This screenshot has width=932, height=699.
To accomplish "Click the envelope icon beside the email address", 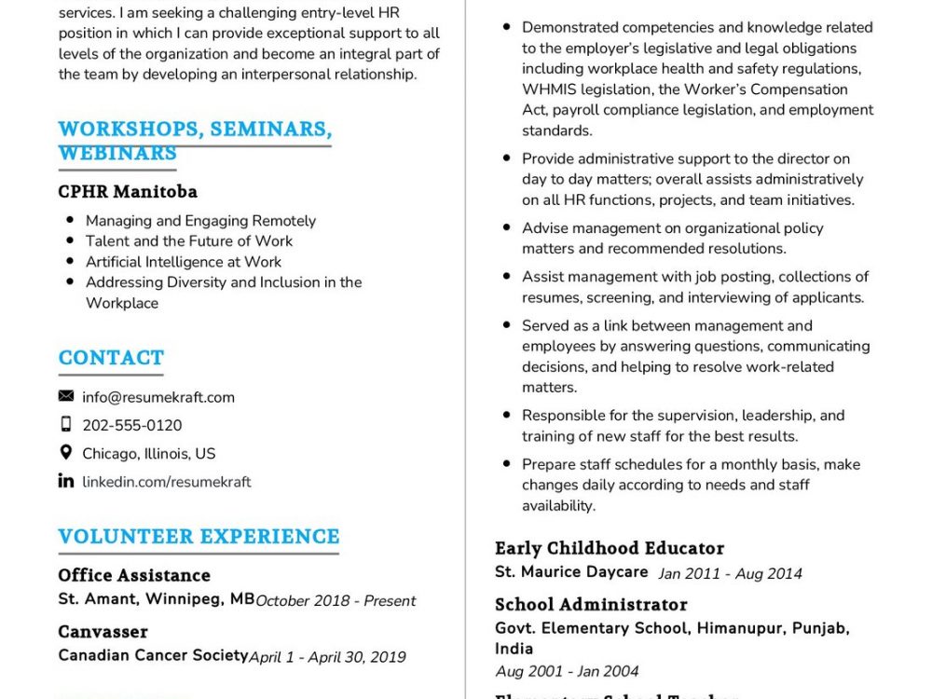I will [x=66, y=396].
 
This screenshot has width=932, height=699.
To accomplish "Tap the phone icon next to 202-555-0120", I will [x=66, y=424].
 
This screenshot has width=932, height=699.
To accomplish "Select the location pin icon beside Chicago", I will [x=66, y=452].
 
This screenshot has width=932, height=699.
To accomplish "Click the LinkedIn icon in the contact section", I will [x=66, y=481].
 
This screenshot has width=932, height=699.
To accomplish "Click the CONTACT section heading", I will [x=111, y=358].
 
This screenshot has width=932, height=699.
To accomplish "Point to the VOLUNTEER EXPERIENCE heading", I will [x=199, y=537].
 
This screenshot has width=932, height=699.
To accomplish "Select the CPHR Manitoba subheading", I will [x=128, y=192].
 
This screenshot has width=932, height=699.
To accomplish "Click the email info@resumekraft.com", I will [x=158, y=397].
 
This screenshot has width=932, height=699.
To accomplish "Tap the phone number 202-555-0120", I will [x=132, y=425].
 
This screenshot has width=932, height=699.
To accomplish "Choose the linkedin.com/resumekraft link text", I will [x=167, y=482].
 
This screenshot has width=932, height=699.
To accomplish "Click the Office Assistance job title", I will [x=134, y=575].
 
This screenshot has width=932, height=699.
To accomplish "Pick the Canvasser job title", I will [x=103, y=631].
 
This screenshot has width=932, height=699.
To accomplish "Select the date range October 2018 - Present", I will [x=336, y=600].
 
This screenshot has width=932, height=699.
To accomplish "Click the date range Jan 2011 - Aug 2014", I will [x=730, y=573].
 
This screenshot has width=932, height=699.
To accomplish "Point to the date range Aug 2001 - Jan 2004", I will [x=567, y=671].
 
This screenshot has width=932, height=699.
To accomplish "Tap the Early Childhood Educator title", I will [x=610, y=548].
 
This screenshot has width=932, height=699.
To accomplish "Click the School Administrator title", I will [x=591, y=604].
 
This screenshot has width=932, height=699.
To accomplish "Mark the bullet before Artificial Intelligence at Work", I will [x=70, y=262].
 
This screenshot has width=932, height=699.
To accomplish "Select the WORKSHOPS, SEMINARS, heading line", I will [x=195, y=129].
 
